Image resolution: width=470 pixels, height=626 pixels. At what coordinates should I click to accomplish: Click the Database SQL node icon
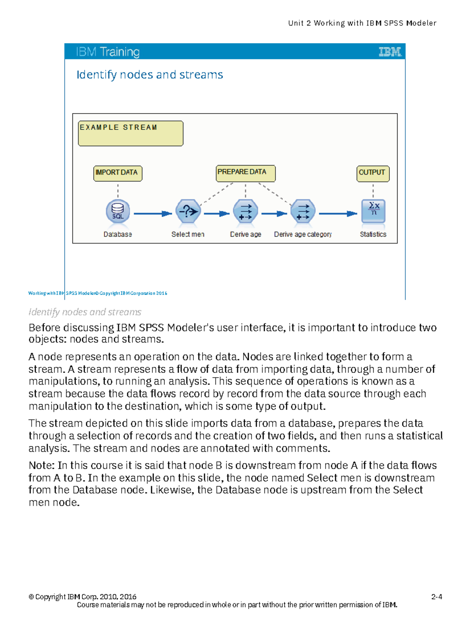point(117,212)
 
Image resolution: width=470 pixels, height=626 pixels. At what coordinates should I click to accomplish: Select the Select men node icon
point(188,212)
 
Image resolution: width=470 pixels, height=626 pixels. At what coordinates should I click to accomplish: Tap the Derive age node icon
point(246,212)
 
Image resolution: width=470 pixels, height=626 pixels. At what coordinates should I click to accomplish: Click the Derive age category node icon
point(303,212)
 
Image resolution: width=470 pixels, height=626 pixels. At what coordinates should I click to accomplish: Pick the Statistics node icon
point(373,211)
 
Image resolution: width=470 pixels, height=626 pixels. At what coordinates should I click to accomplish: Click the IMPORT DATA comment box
point(117,173)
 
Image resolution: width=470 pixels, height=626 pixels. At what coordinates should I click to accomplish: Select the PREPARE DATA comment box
point(246,173)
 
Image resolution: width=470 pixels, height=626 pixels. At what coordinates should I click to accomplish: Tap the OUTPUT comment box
point(373,173)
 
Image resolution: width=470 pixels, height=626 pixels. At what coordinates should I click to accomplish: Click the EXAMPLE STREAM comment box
point(130,133)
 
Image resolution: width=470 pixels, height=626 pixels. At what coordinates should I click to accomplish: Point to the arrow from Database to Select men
point(153,214)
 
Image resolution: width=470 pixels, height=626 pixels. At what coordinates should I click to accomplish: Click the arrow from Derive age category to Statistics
point(338,214)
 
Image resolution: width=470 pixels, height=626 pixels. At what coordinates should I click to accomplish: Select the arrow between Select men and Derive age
point(216,214)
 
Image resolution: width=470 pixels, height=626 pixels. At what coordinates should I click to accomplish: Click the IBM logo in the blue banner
point(390,52)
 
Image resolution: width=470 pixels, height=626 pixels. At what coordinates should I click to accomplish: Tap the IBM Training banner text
point(108,52)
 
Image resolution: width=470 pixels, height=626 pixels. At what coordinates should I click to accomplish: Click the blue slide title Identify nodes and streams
point(150,74)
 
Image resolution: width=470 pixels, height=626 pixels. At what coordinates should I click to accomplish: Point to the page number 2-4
point(436,597)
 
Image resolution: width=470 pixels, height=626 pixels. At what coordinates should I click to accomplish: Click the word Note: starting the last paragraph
point(42,465)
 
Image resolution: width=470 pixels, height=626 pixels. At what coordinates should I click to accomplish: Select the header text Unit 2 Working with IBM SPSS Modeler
point(362,23)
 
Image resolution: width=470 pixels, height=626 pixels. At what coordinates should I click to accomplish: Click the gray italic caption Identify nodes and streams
point(85,312)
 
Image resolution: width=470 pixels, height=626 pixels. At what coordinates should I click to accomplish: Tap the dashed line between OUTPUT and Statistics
point(373,191)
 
